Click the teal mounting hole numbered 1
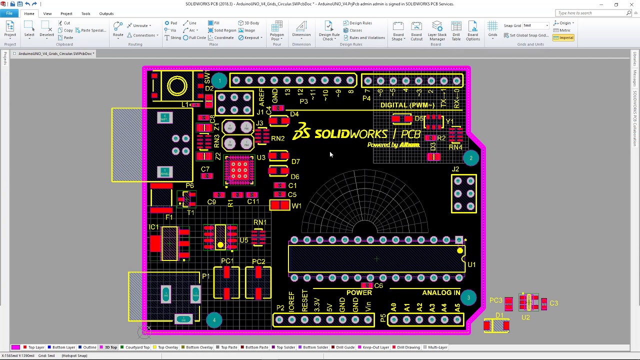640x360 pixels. (x=219, y=80)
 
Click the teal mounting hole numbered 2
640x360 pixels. (x=470, y=158)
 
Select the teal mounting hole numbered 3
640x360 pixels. (x=468, y=298)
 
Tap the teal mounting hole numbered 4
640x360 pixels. (x=214, y=320)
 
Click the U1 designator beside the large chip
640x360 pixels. (x=471, y=264)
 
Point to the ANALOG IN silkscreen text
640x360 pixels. (x=441, y=293)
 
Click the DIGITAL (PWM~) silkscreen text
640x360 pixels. (x=407, y=105)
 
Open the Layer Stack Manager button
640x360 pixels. (x=437, y=31)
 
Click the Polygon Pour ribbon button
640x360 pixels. (x=276, y=31)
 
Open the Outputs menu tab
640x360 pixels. (x=106, y=13)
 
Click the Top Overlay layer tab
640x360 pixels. (x=167, y=347)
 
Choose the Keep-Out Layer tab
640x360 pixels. (x=375, y=347)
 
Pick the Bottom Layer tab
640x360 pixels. (x=63, y=347)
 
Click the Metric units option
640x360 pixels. (x=565, y=30)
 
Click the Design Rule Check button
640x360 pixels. (x=329, y=31)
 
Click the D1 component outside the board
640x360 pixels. (x=496, y=326)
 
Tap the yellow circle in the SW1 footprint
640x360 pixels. (x=177, y=86)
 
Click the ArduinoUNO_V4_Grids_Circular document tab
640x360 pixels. (x=55, y=53)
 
